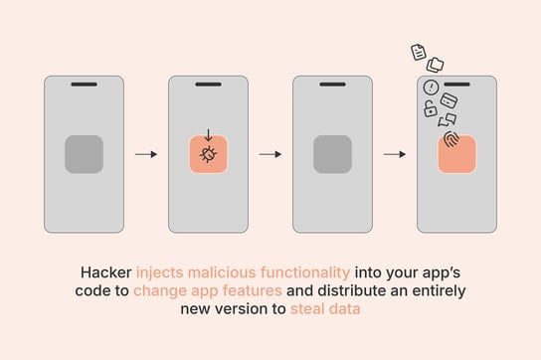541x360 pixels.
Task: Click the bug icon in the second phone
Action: [x=208, y=155]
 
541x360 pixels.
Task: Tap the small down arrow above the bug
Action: [x=208, y=136]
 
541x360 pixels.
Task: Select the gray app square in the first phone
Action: [x=84, y=154]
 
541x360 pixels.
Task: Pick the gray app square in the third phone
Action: [x=332, y=154]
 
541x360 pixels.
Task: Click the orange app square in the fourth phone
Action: [x=456, y=155]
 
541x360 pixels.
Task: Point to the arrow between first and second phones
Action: [x=146, y=154]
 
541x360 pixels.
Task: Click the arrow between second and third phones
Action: [x=270, y=154]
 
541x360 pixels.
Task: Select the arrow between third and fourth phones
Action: [x=395, y=154]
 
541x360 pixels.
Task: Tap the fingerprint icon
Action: [x=452, y=139]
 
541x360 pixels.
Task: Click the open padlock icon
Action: [x=430, y=111]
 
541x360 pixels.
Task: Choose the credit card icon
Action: [x=449, y=100]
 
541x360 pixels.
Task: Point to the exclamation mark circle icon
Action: [x=430, y=88]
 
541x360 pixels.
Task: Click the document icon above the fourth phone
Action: [x=420, y=52]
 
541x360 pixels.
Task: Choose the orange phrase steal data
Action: [x=325, y=309]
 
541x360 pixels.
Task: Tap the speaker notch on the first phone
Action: [x=84, y=85]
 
